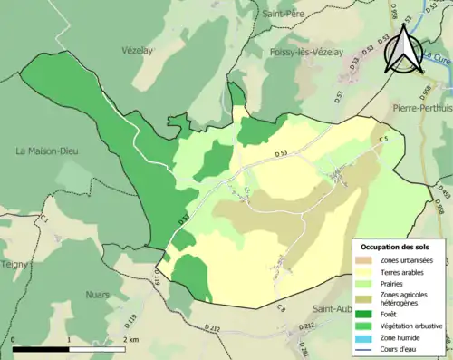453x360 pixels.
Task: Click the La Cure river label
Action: coord(437,60)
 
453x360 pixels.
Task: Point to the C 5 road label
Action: coord(383,139)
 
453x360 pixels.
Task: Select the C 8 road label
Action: coord(280,309)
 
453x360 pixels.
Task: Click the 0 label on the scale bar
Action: coord(14,340)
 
